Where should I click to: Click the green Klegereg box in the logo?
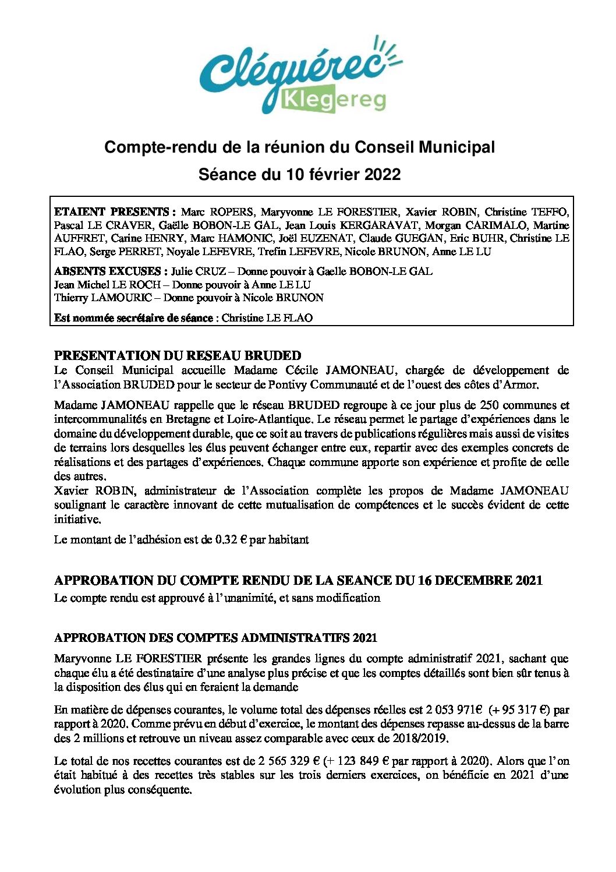point(334,101)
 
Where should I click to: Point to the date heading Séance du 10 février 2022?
point(299,174)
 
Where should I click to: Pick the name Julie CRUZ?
point(198,271)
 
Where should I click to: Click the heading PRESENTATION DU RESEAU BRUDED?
point(178,355)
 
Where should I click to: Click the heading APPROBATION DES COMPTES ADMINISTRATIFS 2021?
point(216,638)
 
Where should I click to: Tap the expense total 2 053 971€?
point(454,709)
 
